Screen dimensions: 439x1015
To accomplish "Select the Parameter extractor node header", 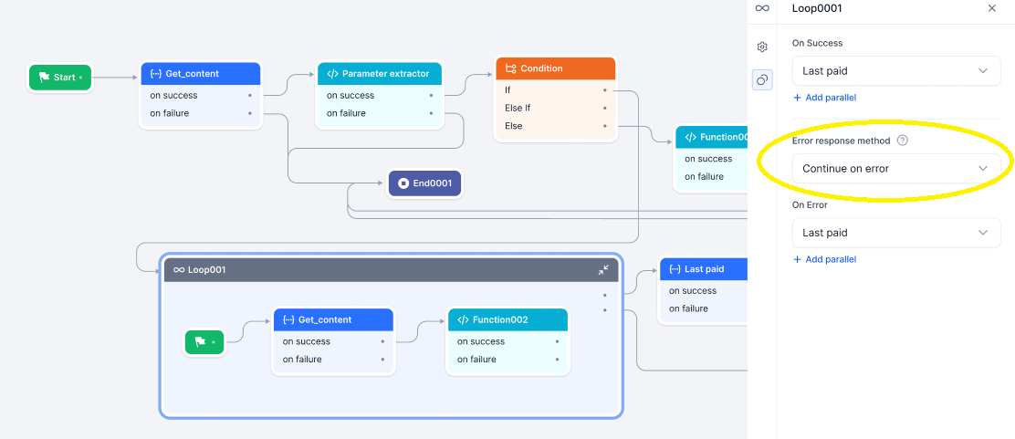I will (x=379, y=74).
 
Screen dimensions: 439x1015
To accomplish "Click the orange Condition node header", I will (x=555, y=68).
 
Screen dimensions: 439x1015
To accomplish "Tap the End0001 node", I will (x=425, y=183).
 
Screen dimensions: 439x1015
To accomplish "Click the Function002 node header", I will (x=507, y=319).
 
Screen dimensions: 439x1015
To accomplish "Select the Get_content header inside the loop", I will (x=333, y=319).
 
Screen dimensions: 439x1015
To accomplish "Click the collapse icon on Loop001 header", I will (x=603, y=270).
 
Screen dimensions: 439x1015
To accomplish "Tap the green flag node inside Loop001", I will (x=204, y=342).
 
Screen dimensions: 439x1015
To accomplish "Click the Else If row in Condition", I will (x=518, y=108).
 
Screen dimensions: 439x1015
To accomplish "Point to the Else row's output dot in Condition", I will (x=604, y=126).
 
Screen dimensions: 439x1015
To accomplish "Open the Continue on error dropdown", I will (x=895, y=169).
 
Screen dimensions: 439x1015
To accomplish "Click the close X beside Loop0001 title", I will (x=992, y=8).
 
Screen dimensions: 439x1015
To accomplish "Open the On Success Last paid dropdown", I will (x=895, y=70).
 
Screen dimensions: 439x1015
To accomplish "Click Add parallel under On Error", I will (x=825, y=259).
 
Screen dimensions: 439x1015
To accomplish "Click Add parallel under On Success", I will (x=825, y=98).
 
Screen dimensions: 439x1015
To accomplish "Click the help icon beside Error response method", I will (x=903, y=141).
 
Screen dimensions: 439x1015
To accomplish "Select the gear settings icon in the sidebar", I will (x=762, y=47).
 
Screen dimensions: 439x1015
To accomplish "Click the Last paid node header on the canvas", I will (x=703, y=269).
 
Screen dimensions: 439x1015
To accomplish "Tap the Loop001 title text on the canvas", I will (x=206, y=270).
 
